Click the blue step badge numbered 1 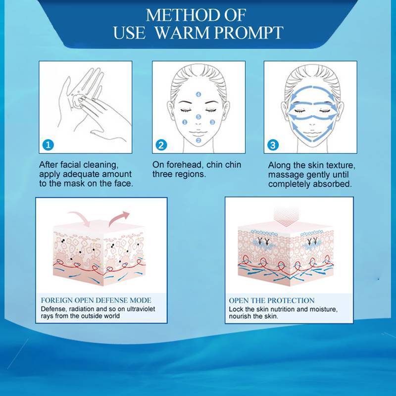coord(48,145)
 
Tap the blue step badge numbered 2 coord(161,145)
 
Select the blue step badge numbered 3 coord(273,145)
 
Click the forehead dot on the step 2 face coord(198,94)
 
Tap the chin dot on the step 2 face coord(198,140)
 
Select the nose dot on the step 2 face coord(198,117)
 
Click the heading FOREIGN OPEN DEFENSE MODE coord(96,300)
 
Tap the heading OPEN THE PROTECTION coord(271,300)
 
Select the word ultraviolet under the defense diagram coord(141,309)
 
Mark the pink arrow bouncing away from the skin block coord(119,218)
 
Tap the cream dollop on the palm coord(77,100)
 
